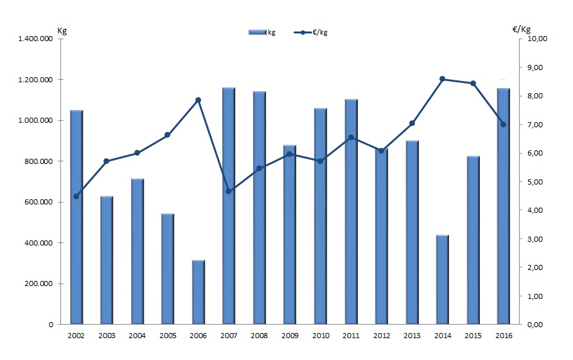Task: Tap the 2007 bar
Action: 229,206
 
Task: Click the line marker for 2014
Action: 442,79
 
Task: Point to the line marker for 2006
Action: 198,100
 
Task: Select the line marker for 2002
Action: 76,196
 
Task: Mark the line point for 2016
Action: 503,124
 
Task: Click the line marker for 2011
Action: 351,137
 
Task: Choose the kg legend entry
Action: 263,32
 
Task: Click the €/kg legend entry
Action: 315,32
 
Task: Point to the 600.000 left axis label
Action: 41,202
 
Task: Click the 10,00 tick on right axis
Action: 536,39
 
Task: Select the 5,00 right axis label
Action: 535,182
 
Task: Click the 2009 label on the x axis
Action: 290,336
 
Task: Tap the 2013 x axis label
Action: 412,336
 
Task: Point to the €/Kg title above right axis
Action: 522,30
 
